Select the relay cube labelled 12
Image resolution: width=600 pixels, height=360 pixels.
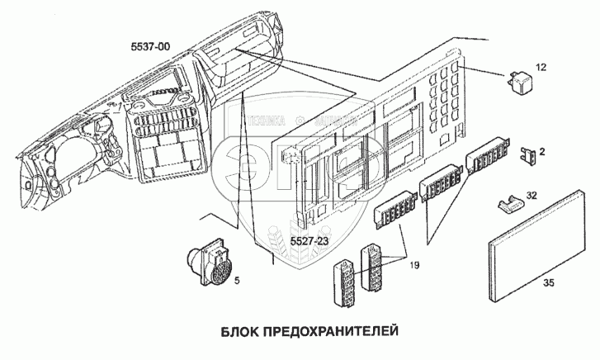[x=517, y=81]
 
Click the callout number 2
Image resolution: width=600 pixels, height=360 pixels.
[x=541, y=151]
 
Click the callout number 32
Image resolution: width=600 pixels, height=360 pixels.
[x=532, y=196]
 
